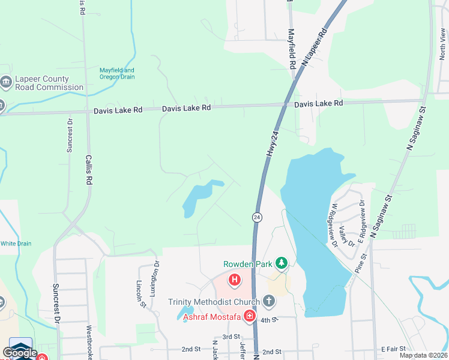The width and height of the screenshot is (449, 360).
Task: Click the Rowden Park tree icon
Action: click(281, 263)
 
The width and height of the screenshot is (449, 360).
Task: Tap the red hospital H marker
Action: click(235, 280)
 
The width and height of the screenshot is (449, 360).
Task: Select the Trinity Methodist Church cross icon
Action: click(268, 301)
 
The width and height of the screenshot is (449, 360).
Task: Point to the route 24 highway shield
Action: click(256, 217)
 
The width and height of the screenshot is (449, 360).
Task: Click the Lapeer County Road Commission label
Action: click(50, 83)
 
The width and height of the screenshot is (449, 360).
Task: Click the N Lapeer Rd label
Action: click(313, 46)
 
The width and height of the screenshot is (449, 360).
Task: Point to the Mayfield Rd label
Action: click(292, 49)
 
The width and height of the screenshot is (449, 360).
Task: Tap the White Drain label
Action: click(16, 244)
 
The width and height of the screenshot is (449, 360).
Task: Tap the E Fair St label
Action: click(394, 349)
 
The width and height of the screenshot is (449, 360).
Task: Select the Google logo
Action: click(20, 353)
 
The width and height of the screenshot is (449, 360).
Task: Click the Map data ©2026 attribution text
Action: click(423, 355)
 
